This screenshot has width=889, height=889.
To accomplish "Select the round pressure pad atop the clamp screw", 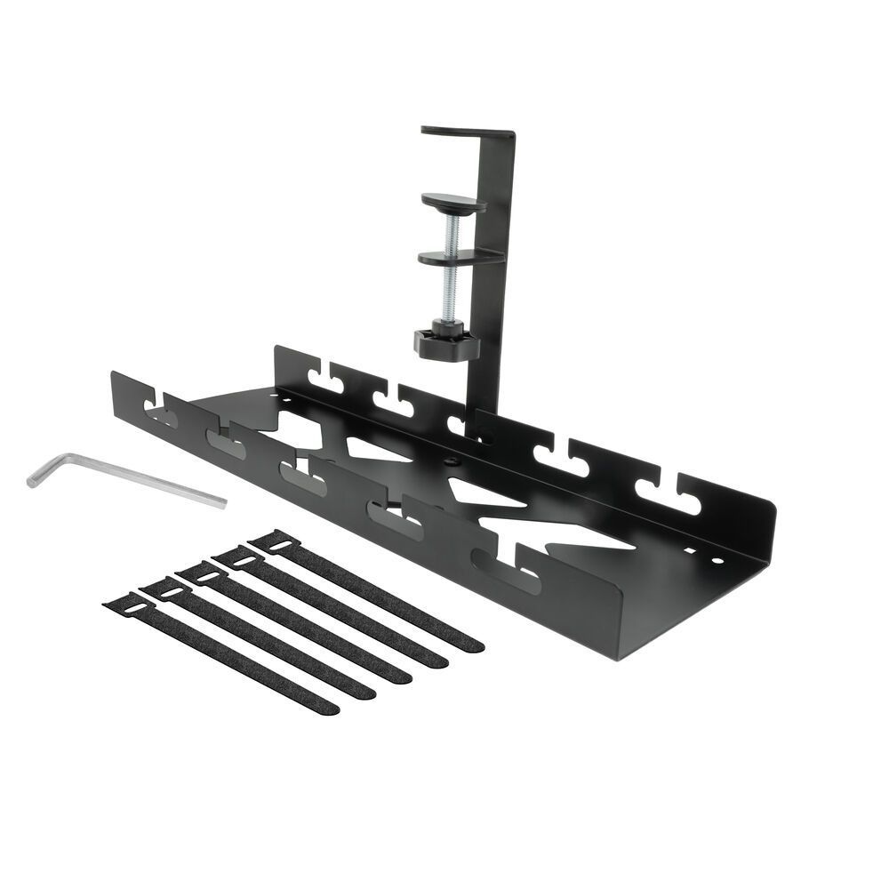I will [x=453, y=204].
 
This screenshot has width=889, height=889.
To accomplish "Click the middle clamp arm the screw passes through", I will [x=458, y=258].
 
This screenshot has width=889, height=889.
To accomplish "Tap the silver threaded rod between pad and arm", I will [x=454, y=231].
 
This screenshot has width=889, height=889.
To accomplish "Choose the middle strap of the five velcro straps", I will [x=293, y=622].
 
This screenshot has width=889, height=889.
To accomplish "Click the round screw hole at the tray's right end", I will [x=718, y=562].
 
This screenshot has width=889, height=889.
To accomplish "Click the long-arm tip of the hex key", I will [x=222, y=503].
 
